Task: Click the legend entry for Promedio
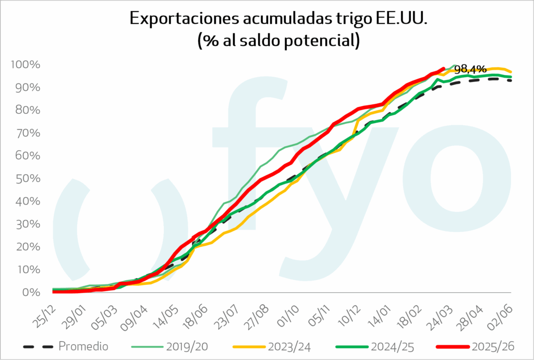(x=83, y=346)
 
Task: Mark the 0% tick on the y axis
(x=30, y=292)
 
